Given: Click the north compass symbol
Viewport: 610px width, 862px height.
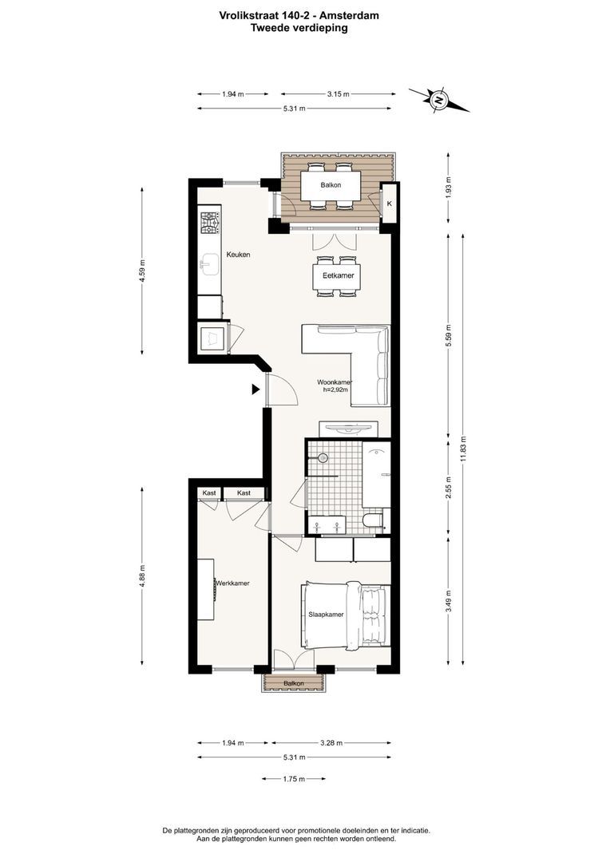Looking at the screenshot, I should coord(438,100).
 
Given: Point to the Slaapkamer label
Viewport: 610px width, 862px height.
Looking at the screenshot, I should coord(327,615).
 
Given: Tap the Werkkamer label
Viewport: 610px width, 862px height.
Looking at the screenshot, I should coord(232,583).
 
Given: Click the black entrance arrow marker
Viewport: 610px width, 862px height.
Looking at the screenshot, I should coord(255,389).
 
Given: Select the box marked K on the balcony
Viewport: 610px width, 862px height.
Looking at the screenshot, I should coord(389,204).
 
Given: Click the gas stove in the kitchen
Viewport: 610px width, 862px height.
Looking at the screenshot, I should coord(210,223).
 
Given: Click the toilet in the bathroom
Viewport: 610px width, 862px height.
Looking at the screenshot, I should coord(373,522).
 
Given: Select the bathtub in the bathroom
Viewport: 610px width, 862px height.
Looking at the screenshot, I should coord(376,476).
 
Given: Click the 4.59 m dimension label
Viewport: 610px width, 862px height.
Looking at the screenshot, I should coord(142,271).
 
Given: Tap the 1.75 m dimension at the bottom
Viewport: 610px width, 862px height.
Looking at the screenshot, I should coord(294,779).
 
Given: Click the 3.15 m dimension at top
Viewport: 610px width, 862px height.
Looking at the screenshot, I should coord(338,94).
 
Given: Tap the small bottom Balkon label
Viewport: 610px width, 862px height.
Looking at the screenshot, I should coord(294,684).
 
